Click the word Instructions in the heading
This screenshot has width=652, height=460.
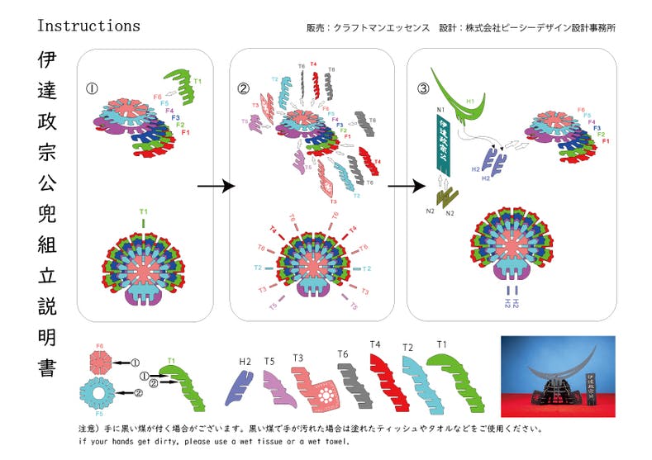click(88, 26)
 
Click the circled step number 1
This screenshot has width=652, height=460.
click(93, 88)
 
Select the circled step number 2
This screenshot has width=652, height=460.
click(244, 87)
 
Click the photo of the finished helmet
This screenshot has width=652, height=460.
click(558, 376)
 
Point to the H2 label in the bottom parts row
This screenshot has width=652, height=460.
click(245, 361)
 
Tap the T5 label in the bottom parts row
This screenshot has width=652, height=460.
click(269, 361)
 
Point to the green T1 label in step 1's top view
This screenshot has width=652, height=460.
click(144, 211)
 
